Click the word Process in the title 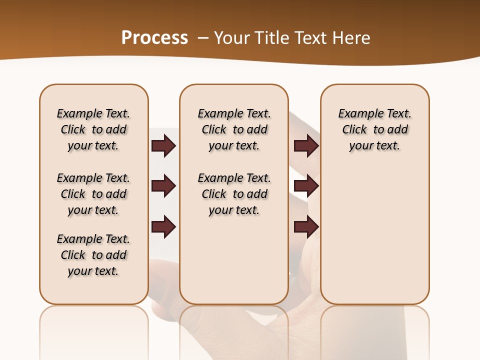(x=154, y=38)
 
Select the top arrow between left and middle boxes (x=163, y=145)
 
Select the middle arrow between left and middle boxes (x=163, y=186)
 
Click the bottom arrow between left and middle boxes (x=163, y=226)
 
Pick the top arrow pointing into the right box (x=306, y=145)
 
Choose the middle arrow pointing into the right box (x=306, y=186)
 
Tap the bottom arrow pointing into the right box (x=306, y=226)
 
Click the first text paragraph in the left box (x=93, y=129)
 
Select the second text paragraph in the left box (x=93, y=194)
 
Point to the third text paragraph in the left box (x=93, y=255)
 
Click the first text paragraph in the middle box (x=234, y=129)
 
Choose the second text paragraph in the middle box (x=234, y=194)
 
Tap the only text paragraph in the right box (x=374, y=129)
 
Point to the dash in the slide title (x=203, y=38)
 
